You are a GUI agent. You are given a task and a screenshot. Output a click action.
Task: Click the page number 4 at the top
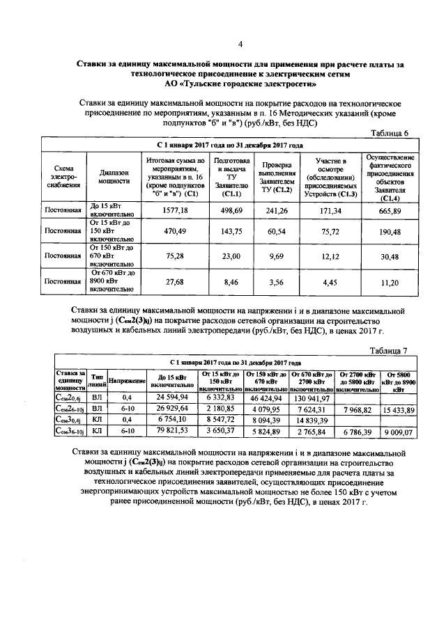pos(240,45)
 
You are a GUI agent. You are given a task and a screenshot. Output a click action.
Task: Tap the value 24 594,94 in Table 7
pos(167,397)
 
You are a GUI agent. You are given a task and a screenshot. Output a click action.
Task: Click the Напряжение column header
pos(126,383)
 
